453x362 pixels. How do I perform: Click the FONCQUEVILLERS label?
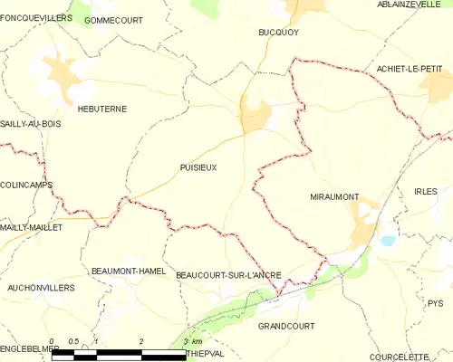point(36,17)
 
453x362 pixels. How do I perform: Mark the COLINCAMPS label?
point(26,185)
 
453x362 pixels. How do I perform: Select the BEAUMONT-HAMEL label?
point(126,271)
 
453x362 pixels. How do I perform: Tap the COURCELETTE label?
point(420,356)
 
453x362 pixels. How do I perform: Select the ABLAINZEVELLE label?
point(409,5)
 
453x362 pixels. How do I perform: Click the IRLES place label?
point(425,192)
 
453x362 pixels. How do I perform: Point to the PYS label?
point(436,304)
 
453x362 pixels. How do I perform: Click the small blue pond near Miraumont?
point(388,242)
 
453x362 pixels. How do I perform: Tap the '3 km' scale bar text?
point(193,341)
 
